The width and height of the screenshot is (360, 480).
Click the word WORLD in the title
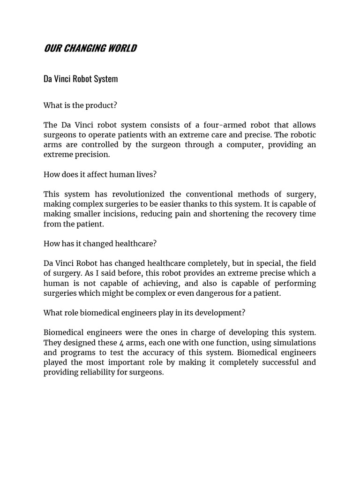120,48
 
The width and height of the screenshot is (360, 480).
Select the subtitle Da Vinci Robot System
81,79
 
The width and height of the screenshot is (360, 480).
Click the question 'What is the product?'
80,105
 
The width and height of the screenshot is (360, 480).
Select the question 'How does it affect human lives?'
100,174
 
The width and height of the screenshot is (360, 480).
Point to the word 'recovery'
272,214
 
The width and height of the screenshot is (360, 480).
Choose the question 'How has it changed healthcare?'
100,244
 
